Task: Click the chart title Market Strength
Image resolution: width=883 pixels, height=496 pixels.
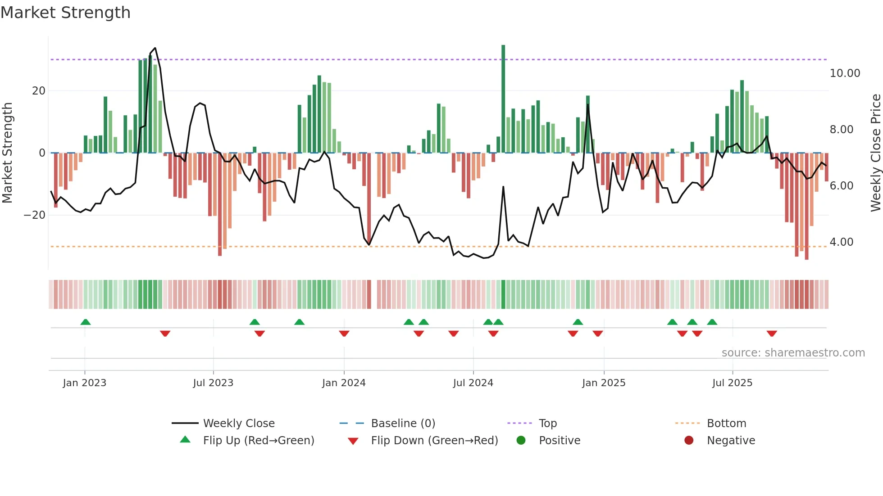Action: pyautogui.click(x=65, y=13)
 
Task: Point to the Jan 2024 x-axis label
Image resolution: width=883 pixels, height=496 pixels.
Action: pyautogui.click(x=344, y=383)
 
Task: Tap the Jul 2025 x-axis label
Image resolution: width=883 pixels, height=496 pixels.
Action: pyautogui.click(x=732, y=383)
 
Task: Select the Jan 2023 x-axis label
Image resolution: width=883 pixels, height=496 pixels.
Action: pyautogui.click(x=85, y=383)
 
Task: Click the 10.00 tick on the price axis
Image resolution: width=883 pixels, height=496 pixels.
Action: pyautogui.click(x=845, y=73)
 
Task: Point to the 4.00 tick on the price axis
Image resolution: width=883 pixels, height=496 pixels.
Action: pyautogui.click(x=842, y=242)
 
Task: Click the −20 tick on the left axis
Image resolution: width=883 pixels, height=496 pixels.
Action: pyautogui.click(x=35, y=215)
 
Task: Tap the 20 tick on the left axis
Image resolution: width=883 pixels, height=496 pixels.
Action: pyautogui.click(x=39, y=91)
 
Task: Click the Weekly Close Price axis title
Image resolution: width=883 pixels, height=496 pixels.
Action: pyautogui.click(x=875, y=153)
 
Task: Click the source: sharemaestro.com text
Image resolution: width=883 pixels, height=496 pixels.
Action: pyautogui.click(x=793, y=353)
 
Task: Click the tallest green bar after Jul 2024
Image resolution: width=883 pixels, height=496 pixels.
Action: pyautogui.click(x=503, y=99)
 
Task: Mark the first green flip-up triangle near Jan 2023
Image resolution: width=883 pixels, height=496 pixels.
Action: pyautogui.click(x=86, y=322)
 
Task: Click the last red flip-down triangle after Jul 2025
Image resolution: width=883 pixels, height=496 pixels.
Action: pyautogui.click(x=772, y=334)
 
